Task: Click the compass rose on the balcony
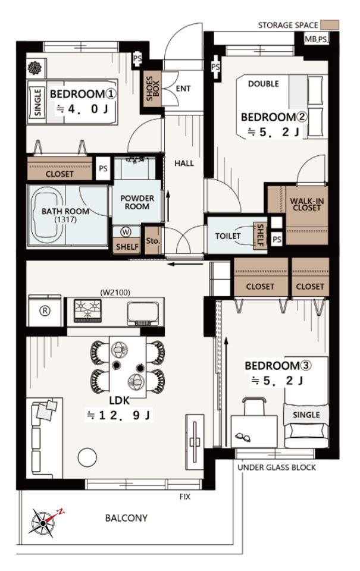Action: pos(43,523)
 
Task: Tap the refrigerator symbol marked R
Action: pos(45,310)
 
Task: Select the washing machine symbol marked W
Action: pos(126,232)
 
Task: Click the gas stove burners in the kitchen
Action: pos(87,310)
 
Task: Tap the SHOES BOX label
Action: pos(152,89)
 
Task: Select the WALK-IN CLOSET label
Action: pos(307,204)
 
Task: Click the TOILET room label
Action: pos(228,236)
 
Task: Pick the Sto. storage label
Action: pos(153,241)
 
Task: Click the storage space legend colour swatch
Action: pos(330,25)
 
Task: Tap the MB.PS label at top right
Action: pos(316,39)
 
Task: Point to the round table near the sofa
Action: pos(87,457)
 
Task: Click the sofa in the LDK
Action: pos(44,437)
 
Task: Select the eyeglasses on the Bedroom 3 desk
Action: pos(243,436)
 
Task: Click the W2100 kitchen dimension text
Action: pos(115,292)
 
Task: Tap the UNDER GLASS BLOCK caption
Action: pos(277,468)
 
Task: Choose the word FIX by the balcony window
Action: pos(184,497)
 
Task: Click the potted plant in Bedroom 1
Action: pos(35,68)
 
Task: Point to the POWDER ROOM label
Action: pos(137,202)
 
